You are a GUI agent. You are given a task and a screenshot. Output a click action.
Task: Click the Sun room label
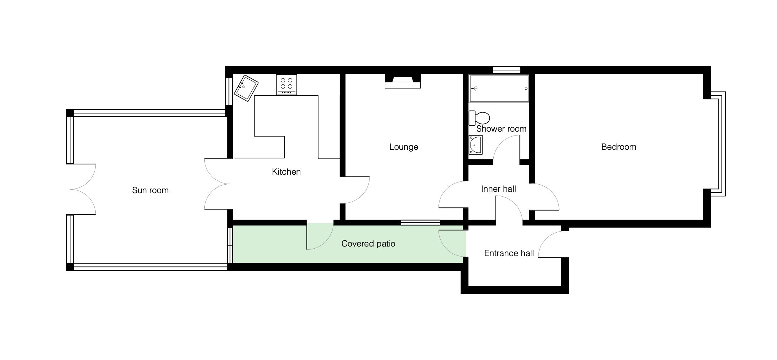150,190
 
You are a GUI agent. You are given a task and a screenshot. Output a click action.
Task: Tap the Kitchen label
286,172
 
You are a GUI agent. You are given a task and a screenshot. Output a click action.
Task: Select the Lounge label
404,147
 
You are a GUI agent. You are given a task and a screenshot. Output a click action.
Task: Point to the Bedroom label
619,147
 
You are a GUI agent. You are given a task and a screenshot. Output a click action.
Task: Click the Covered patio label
368,244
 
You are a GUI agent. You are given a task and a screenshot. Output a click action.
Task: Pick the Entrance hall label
509,253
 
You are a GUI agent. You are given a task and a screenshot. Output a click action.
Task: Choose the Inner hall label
498,189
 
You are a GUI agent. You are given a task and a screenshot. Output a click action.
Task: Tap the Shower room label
501,129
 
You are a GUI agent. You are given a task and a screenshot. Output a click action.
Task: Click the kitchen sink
246,88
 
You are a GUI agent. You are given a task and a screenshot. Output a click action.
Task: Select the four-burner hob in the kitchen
287,85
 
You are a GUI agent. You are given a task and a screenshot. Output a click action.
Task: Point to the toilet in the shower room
479,118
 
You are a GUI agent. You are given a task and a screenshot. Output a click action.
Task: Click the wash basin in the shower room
476,145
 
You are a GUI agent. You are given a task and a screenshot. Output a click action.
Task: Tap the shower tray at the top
499,89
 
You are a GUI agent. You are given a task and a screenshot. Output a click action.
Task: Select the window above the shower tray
506,70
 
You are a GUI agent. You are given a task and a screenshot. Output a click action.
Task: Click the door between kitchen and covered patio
320,236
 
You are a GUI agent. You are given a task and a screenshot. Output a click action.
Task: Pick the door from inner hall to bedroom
545,197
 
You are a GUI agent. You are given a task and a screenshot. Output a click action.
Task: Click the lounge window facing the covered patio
421,223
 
